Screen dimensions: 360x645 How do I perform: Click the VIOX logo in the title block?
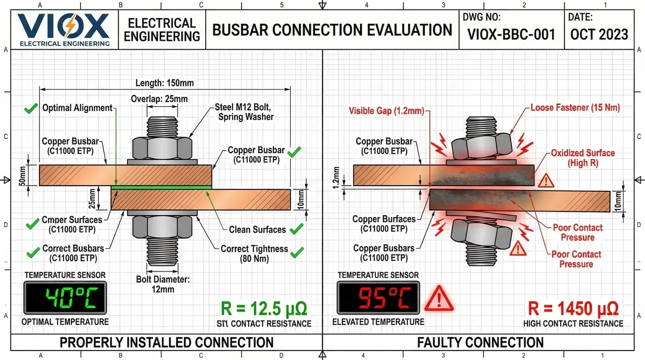63,29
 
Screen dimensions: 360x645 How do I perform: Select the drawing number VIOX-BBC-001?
511,34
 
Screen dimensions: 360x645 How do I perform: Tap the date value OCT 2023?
599,34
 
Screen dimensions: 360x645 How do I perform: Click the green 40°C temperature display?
65,298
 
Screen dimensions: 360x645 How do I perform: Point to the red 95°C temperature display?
379,298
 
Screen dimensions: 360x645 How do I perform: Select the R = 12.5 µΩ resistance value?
263,309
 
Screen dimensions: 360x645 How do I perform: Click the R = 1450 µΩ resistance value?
573,308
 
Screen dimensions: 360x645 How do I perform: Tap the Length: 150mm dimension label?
165,83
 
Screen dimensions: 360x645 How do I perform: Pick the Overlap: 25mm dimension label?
159,99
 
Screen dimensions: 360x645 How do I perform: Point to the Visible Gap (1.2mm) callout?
386,111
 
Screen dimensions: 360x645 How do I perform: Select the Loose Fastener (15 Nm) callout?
575,108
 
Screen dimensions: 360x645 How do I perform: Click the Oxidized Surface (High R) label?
583,158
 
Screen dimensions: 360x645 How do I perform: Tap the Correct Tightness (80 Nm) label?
254,254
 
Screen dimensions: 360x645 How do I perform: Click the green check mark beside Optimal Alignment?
31,109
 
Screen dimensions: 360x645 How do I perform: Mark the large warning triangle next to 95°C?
439,299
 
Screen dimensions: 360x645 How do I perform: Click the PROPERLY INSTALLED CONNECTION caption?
166,343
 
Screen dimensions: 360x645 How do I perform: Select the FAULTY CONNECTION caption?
480,343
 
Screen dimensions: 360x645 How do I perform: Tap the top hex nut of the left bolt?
162,148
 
